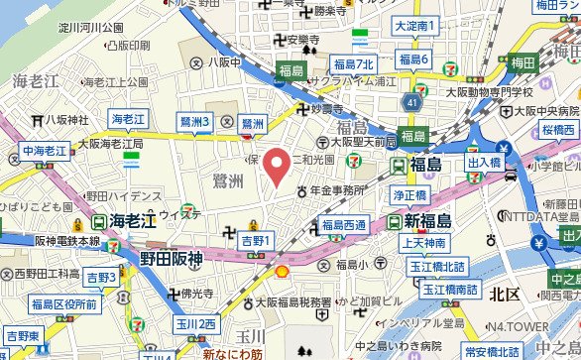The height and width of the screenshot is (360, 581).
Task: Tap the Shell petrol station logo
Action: tap(282, 271)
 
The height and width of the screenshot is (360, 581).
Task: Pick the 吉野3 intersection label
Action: tap(101, 277)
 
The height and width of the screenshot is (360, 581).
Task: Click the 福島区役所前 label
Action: tap(63, 303)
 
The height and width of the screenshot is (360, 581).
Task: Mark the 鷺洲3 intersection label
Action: tap(196, 122)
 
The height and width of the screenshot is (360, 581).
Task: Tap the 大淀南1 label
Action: tap(415, 26)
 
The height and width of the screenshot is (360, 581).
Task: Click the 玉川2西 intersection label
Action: tap(196, 324)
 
